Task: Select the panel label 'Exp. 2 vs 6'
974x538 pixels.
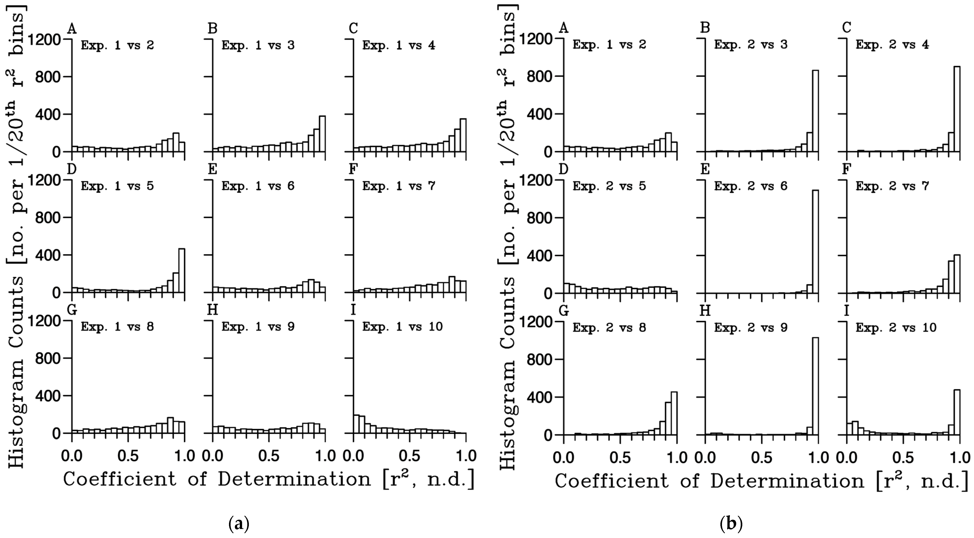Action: click(750, 186)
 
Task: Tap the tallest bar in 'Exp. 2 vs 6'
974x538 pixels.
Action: click(815, 242)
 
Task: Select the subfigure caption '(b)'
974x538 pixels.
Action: click(731, 524)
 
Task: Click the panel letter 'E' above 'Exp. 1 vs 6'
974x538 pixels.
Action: click(213, 170)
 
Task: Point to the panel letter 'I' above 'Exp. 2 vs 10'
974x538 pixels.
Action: click(847, 311)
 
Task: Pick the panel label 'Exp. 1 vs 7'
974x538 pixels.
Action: click(399, 186)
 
